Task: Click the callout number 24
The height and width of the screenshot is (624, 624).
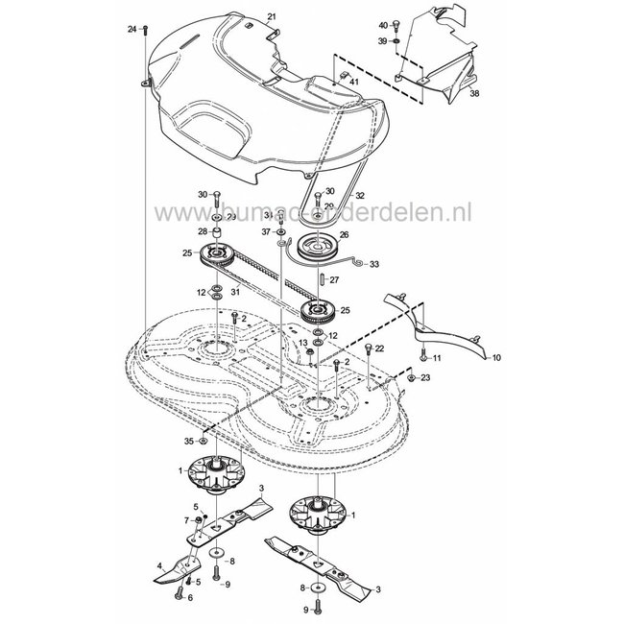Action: (x=132, y=31)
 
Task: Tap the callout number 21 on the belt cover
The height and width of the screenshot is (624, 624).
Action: (x=271, y=18)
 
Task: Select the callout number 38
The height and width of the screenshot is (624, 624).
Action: (x=473, y=94)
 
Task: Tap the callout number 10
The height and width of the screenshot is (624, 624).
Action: (x=495, y=357)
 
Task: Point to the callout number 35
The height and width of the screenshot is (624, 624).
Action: (x=189, y=441)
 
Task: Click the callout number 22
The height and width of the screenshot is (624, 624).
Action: (x=379, y=348)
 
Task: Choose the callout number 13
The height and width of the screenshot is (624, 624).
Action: (x=302, y=342)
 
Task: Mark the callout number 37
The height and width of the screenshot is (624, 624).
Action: (x=265, y=231)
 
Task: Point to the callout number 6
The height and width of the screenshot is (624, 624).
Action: (x=190, y=597)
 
